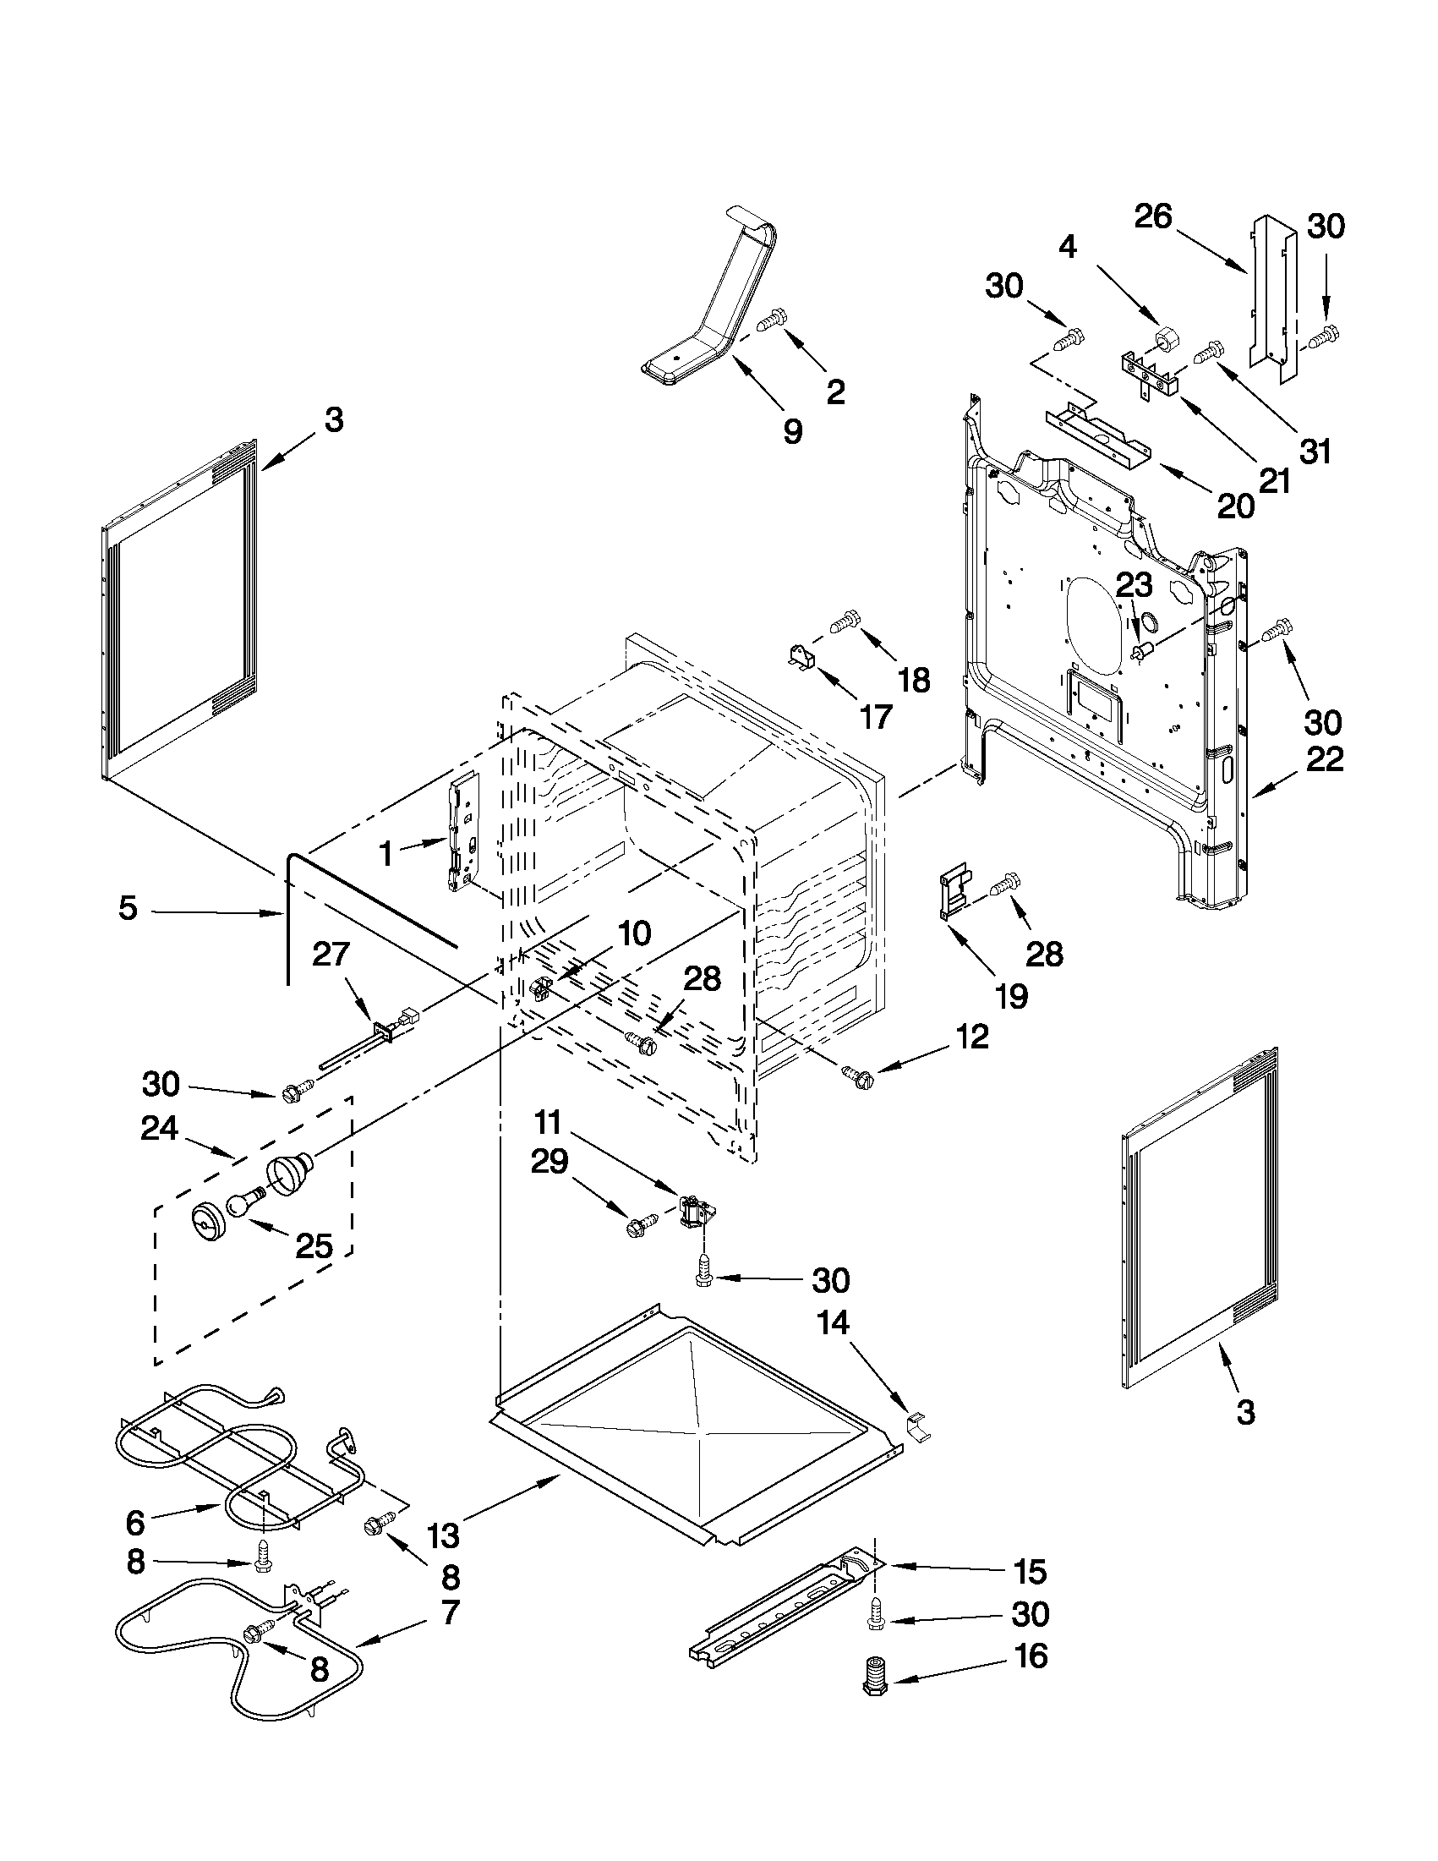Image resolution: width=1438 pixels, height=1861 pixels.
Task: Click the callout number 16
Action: (x=1031, y=1656)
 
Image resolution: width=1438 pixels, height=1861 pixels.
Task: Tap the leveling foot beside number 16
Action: (x=875, y=1678)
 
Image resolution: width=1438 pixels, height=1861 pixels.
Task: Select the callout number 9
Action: (x=792, y=432)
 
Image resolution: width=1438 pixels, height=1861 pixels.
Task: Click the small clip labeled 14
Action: (x=917, y=1424)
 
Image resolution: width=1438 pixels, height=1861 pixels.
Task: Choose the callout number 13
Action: (x=442, y=1536)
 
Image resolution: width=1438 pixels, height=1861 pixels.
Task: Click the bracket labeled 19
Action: (x=954, y=894)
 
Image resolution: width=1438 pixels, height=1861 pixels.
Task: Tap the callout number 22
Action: (x=1324, y=758)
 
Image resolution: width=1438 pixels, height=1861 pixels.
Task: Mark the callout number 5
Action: (x=127, y=908)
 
